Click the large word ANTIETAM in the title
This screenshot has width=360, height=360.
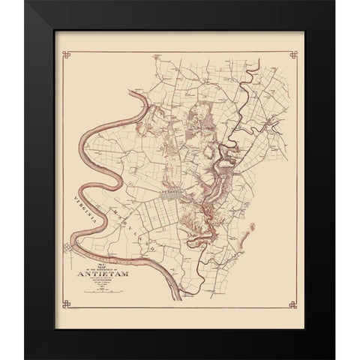(x=104, y=272)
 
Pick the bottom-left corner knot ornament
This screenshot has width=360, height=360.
(x=67, y=305)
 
